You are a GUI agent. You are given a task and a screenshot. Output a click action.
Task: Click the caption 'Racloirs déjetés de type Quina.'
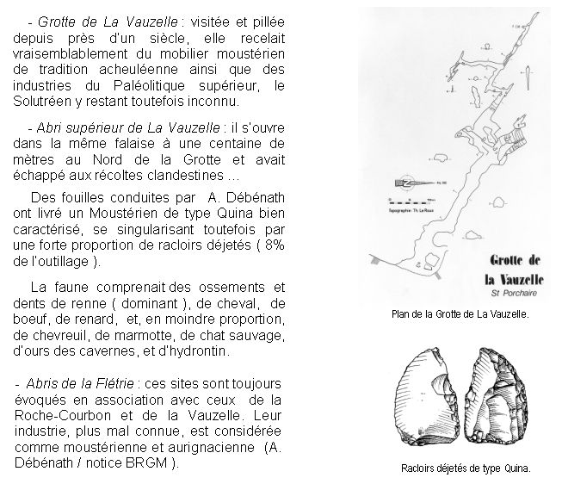coord(466,469)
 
